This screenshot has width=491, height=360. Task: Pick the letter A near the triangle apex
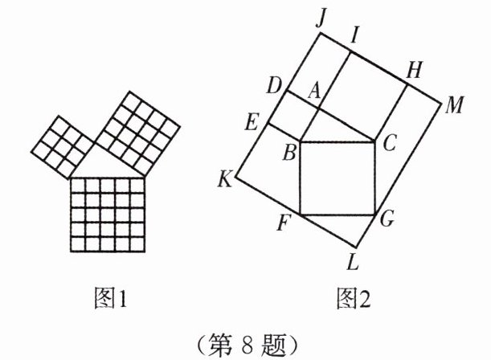tap(314, 94)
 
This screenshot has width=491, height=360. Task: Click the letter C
tap(389, 144)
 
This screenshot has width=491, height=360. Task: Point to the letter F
tap(284, 223)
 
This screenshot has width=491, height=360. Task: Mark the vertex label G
tap(387, 219)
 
